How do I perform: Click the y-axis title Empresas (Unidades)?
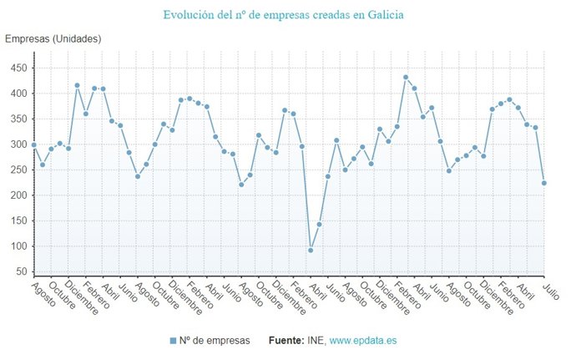pos(53,39)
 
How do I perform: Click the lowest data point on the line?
pos(311,250)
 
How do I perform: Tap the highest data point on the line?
pos(406,77)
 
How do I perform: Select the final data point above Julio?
pos(544,183)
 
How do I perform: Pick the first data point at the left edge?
pos(34,145)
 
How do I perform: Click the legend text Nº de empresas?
pos(213,341)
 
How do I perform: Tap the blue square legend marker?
pos(173,341)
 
